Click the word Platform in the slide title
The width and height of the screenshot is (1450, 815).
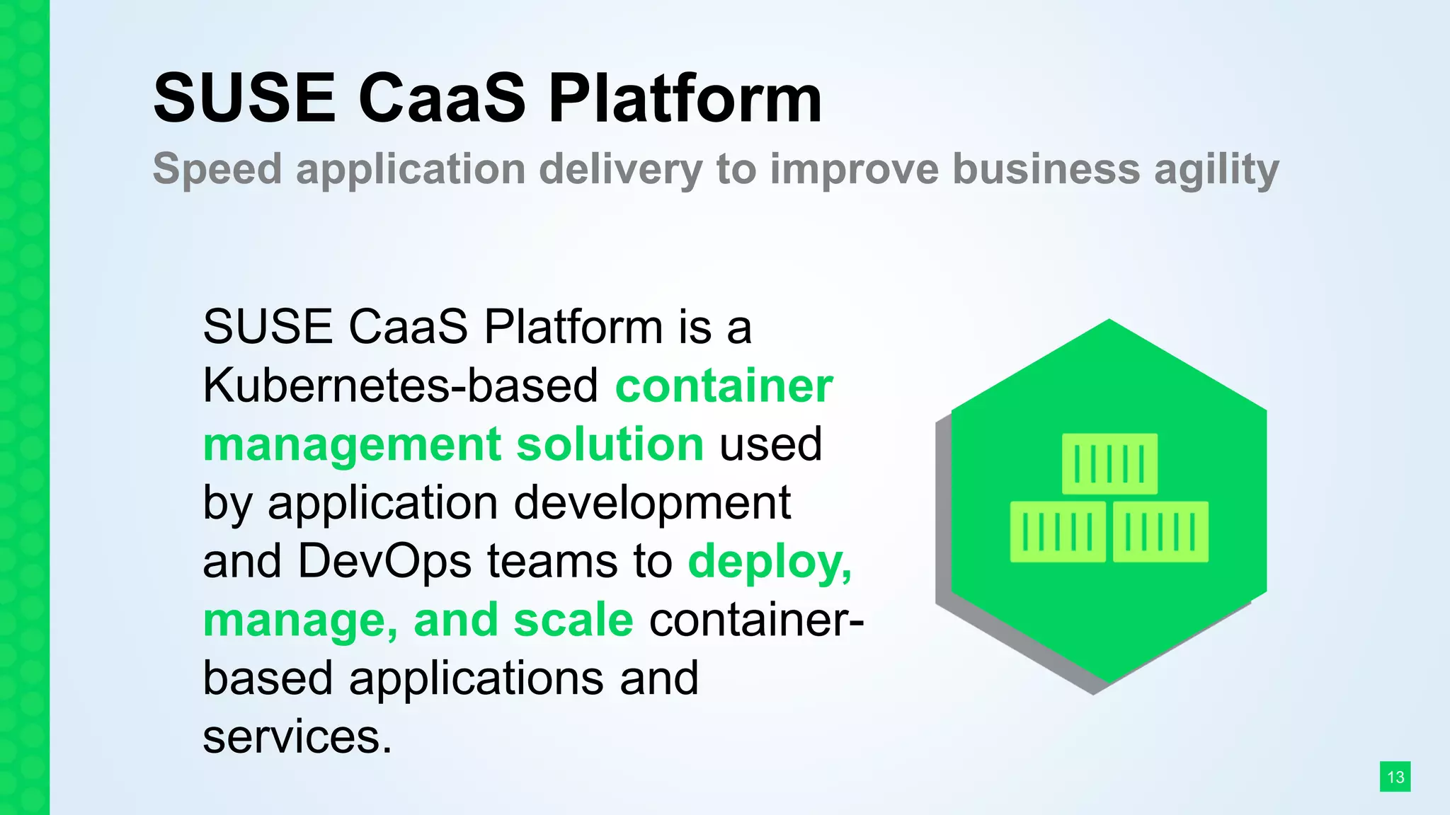[685, 98]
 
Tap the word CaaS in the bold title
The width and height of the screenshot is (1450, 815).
[443, 98]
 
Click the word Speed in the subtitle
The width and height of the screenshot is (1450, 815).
[217, 170]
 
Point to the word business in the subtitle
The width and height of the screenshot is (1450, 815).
[1046, 170]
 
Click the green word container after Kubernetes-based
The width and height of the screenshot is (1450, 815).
[724, 386]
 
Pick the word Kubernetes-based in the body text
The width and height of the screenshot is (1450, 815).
[401, 386]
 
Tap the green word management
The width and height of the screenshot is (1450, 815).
[353, 445]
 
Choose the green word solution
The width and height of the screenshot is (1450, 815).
[610, 445]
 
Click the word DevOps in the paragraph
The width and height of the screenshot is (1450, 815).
[384, 562]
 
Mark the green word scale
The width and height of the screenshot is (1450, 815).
[573, 620]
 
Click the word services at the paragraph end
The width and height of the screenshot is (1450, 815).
[297, 737]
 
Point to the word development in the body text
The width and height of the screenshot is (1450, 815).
[651, 504]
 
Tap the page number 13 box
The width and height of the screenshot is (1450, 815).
[1395, 777]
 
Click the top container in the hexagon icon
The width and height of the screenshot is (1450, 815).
[1109, 464]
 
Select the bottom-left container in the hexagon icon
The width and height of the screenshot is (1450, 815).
[1058, 532]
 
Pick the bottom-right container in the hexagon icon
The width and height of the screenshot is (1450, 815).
[1160, 532]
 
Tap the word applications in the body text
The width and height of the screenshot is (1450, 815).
[476, 678]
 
